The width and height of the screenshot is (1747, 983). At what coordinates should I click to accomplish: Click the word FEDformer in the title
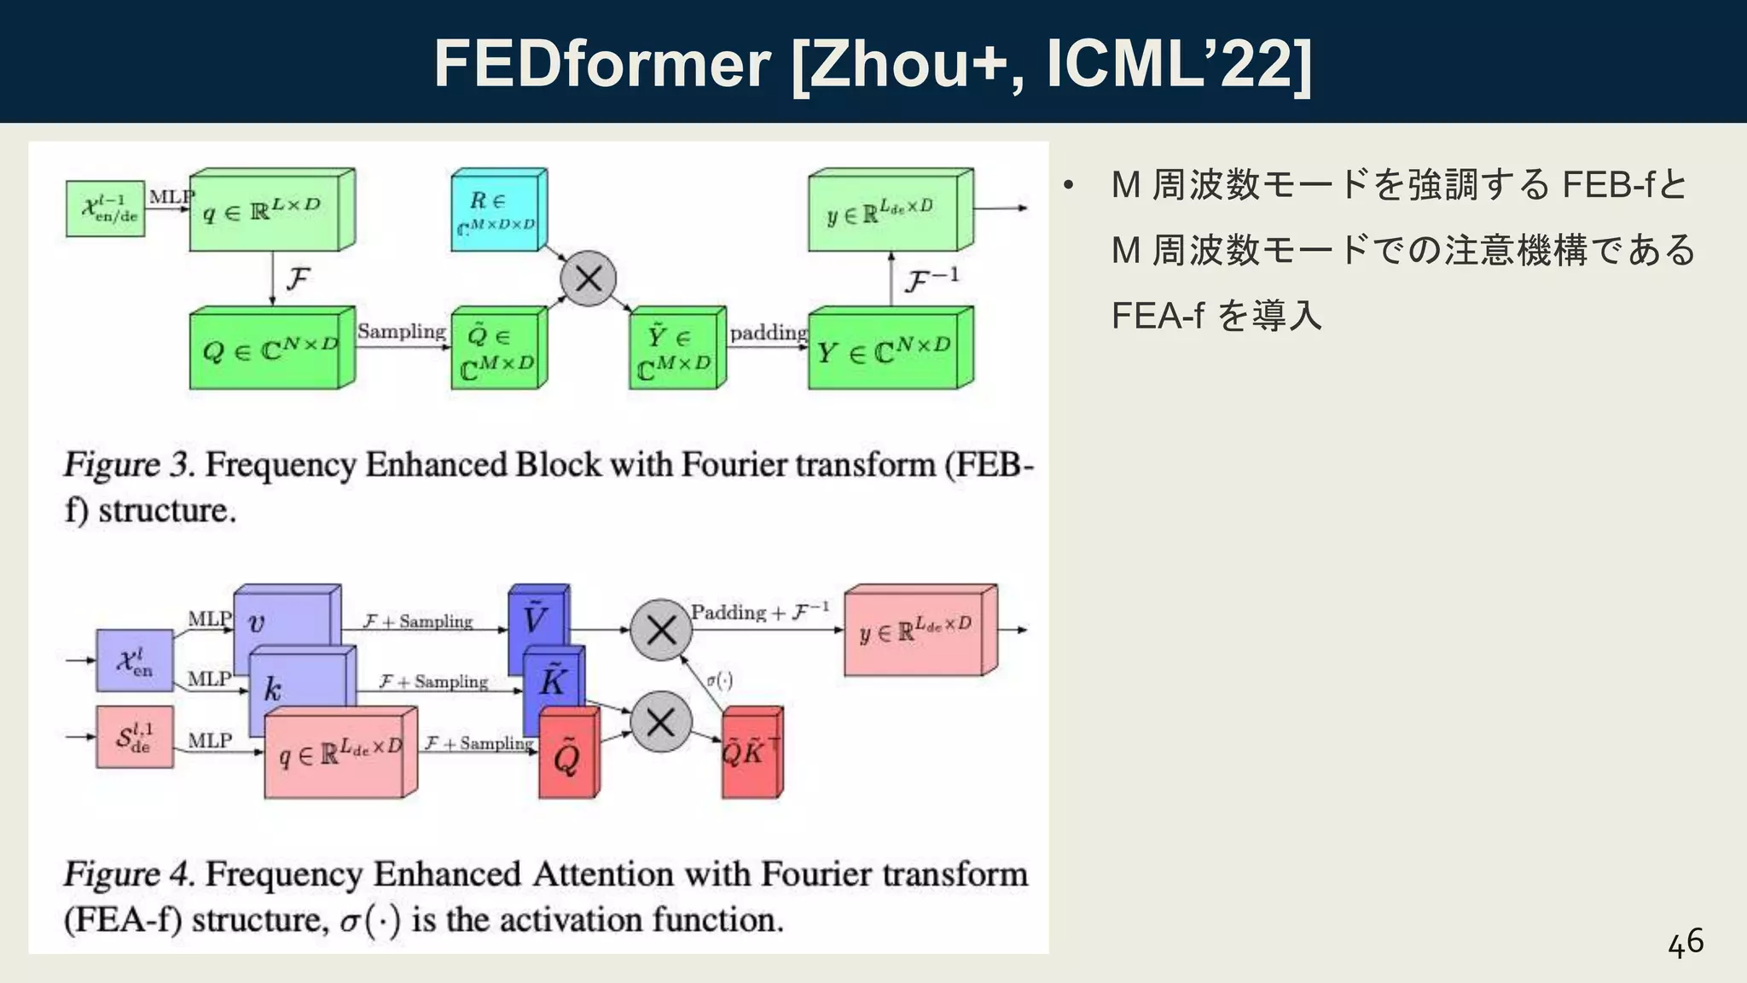(x=601, y=64)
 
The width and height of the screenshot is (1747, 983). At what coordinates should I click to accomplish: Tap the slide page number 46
(x=1686, y=943)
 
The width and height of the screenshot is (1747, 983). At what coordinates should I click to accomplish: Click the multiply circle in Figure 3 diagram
(x=588, y=279)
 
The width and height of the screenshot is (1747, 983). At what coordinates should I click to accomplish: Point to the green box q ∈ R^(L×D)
(x=265, y=212)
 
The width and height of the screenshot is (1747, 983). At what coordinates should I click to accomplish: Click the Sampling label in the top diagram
(x=401, y=331)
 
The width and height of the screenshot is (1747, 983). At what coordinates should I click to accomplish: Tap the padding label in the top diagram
(x=768, y=333)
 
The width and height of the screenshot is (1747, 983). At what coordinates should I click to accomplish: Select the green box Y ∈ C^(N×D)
(x=884, y=351)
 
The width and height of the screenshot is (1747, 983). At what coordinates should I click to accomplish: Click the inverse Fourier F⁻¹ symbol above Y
(x=931, y=280)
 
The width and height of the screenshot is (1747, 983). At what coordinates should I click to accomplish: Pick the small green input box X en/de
(x=106, y=208)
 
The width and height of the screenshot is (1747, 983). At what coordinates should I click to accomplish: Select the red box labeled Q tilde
(x=566, y=755)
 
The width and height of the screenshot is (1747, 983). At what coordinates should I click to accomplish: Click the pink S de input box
(x=135, y=736)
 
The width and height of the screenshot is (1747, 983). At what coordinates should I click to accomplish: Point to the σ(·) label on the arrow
(x=719, y=680)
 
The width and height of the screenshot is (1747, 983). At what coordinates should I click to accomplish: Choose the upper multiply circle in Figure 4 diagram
(x=661, y=631)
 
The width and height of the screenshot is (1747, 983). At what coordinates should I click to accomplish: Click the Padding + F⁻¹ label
(x=759, y=612)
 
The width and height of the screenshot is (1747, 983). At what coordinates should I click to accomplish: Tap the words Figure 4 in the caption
(x=128, y=874)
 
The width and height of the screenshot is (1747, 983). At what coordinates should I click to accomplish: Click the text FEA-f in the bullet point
(x=1157, y=316)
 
